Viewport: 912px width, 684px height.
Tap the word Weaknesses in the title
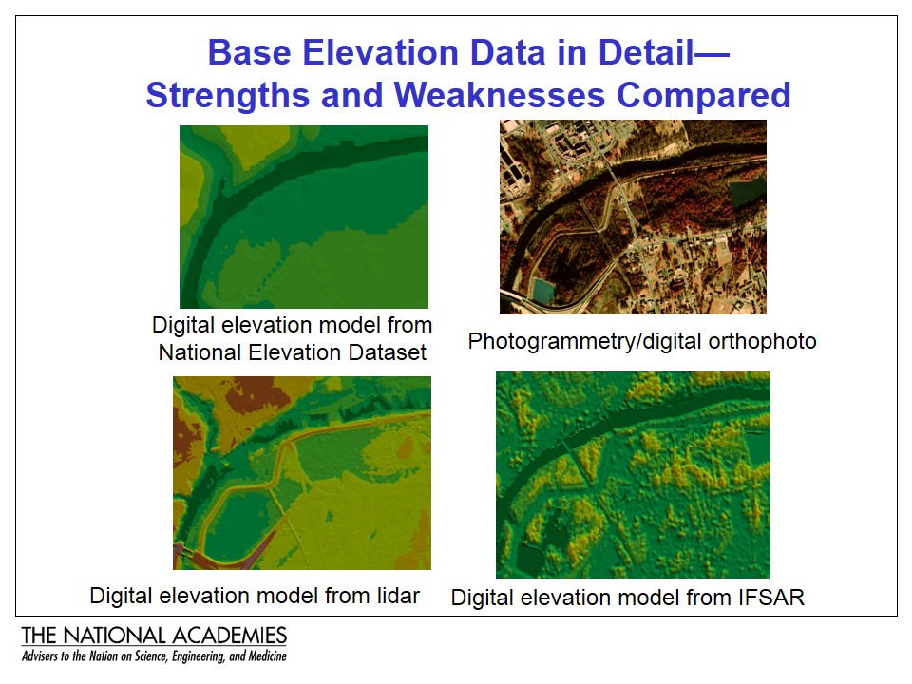tap(500, 95)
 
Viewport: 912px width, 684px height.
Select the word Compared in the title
tap(704, 96)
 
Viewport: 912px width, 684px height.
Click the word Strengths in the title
tap(227, 96)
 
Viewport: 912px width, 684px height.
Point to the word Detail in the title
tap(646, 53)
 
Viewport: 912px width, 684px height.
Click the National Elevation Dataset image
tap(304, 217)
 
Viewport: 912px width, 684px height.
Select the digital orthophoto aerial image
tap(633, 217)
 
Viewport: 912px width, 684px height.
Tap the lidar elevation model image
tap(302, 473)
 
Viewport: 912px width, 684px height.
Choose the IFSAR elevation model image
tap(633, 475)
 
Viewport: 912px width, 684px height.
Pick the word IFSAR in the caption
tap(771, 598)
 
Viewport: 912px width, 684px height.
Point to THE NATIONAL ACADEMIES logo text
tap(154, 636)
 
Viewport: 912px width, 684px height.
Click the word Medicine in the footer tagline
tap(268, 656)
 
